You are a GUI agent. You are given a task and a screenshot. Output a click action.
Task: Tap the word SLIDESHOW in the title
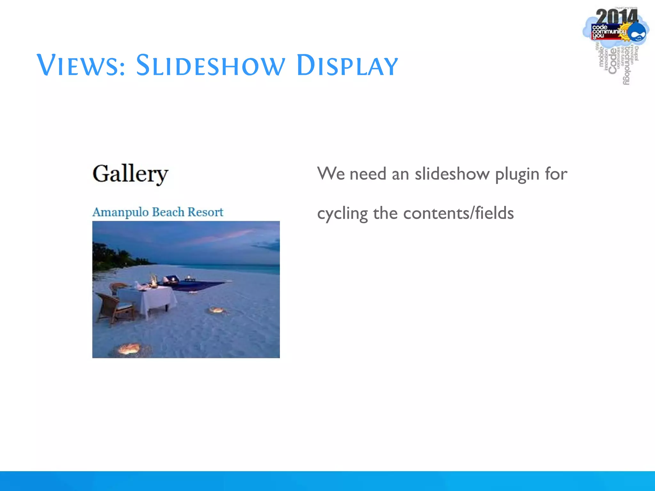point(210,66)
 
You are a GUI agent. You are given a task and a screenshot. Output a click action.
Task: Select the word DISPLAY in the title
point(347,66)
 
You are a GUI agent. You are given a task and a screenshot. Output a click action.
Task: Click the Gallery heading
point(130,174)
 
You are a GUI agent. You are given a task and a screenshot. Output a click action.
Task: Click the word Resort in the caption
point(205,212)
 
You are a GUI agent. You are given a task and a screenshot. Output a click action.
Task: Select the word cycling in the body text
point(342,214)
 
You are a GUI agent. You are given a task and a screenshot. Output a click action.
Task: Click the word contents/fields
point(458,213)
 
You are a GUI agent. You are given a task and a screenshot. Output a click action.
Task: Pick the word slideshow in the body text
point(452,174)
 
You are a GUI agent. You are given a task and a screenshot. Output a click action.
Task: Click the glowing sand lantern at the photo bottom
point(129,348)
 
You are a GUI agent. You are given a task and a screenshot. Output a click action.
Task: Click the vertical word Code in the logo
point(612,61)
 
